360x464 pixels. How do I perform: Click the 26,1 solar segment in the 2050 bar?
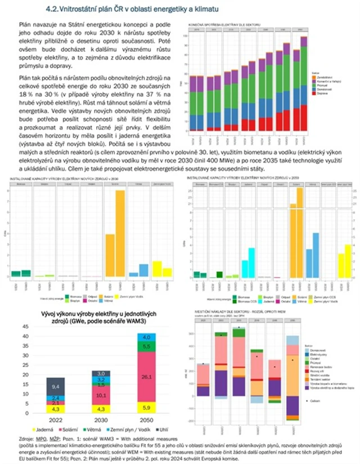coord(146,376)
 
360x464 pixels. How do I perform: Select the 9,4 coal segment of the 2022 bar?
coord(55,387)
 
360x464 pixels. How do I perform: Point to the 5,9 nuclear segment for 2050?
coord(146,408)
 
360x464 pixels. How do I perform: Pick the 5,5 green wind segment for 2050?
coord(146,347)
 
